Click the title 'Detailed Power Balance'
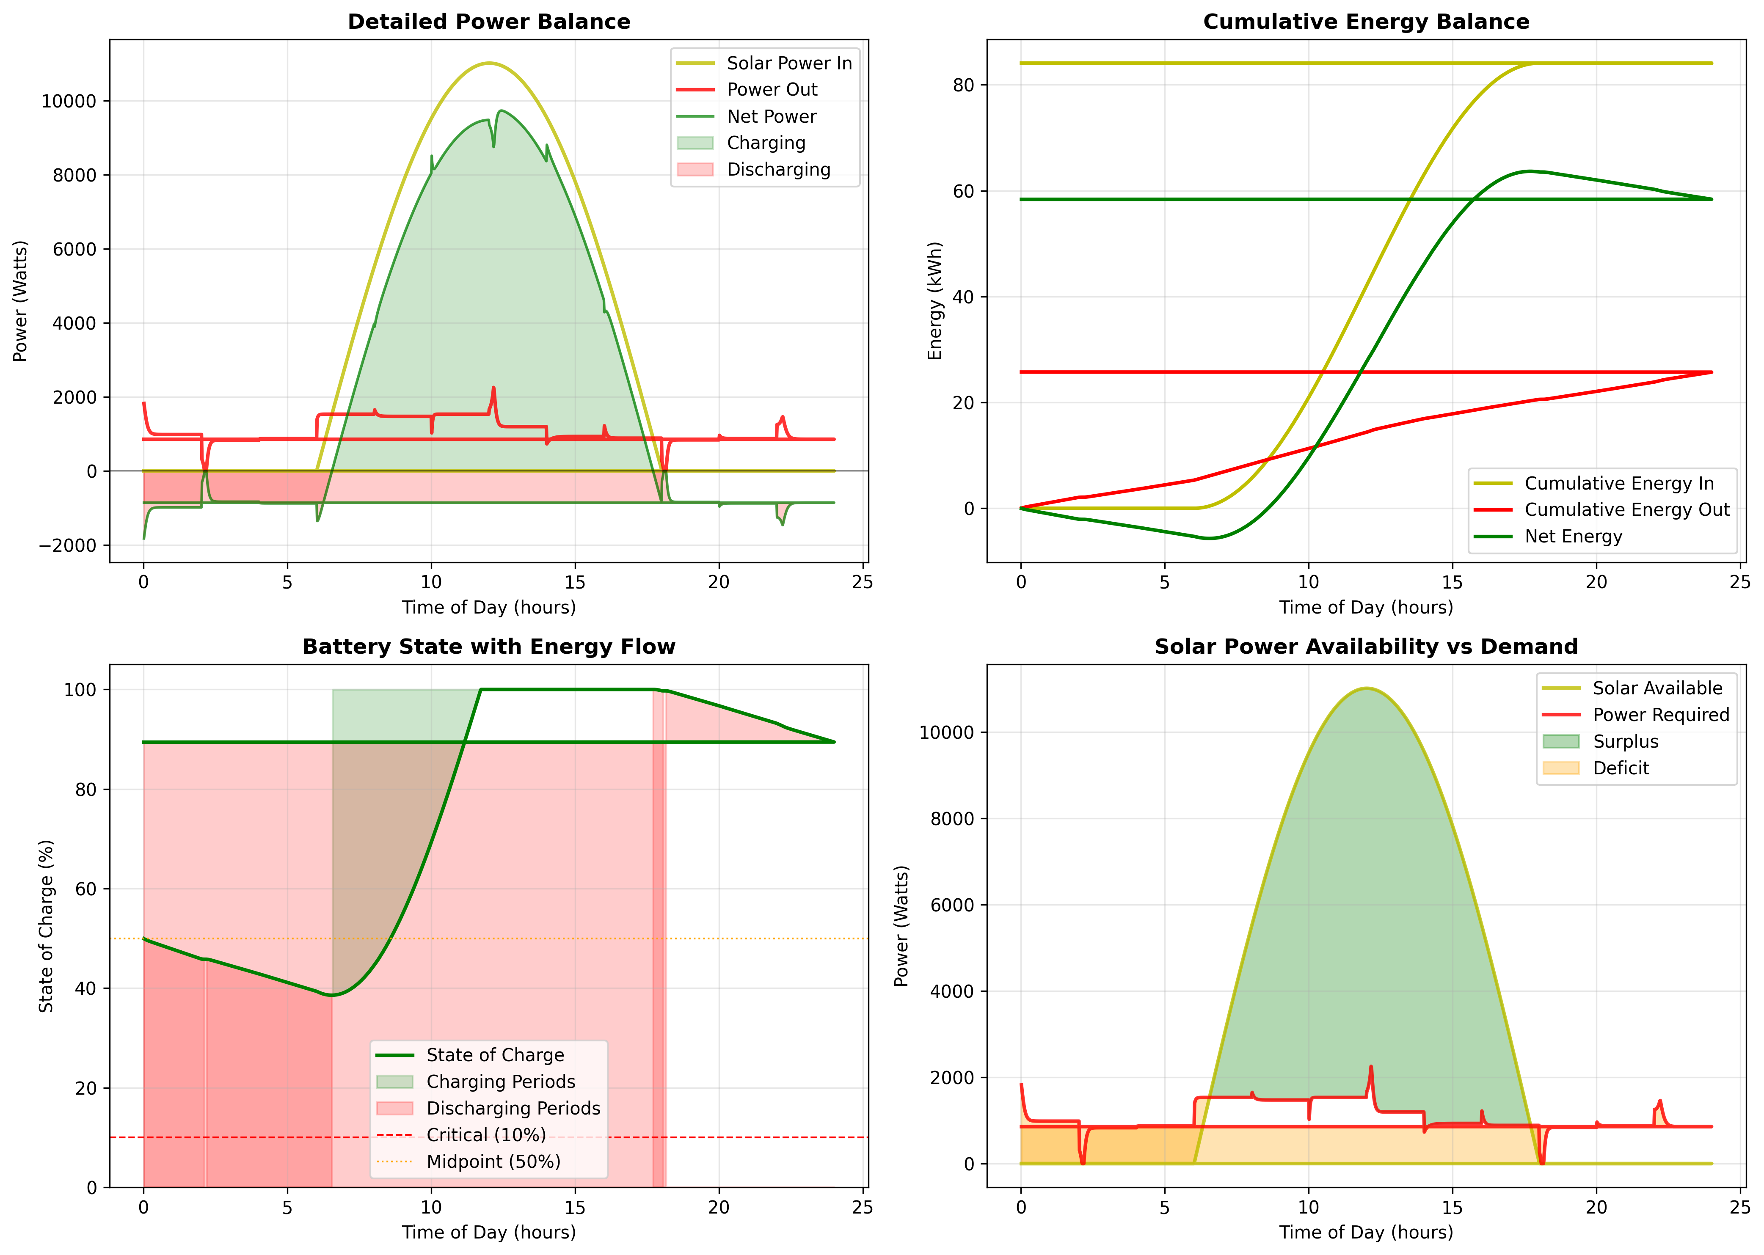pos(488,22)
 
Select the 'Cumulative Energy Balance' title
pos(1366,22)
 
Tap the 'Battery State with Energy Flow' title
pos(488,647)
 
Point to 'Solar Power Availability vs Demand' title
pos(1366,647)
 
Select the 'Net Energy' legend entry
pos(1573,536)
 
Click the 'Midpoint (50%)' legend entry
pos(493,1161)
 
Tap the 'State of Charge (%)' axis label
pos(47,926)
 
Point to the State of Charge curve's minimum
pos(332,995)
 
